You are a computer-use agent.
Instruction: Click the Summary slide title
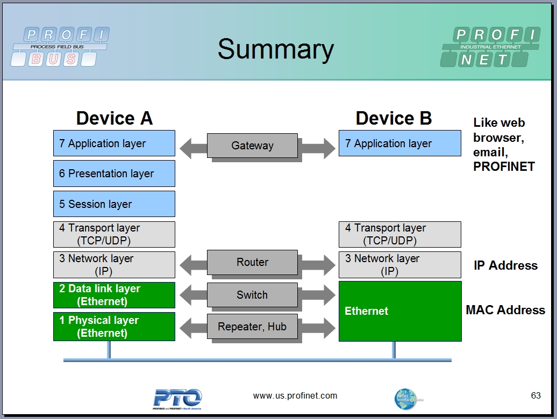pyautogui.click(x=275, y=49)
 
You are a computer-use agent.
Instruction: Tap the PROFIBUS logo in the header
pyautogui.click(x=60, y=47)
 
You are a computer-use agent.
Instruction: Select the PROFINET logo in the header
pyautogui.click(x=490, y=47)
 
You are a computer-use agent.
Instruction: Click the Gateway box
pyautogui.click(x=252, y=146)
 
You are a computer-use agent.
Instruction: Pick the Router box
pyautogui.click(x=252, y=262)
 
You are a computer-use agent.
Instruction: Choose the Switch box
pyautogui.click(x=252, y=295)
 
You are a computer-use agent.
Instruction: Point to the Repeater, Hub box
pyautogui.click(x=252, y=327)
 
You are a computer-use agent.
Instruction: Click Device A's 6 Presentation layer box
pyautogui.click(x=114, y=174)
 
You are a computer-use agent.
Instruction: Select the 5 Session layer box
pyautogui.click(x=114, y=204)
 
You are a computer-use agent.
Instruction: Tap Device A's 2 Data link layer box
pyautogui.click(x=114, y=295)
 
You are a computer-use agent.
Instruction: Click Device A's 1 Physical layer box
pyautogui.click(x=114, y=327)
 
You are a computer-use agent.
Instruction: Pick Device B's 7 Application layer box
pyautogui.click(x=399, y=143)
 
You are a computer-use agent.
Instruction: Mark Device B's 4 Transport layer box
pyautogui.click(x=399, y=234)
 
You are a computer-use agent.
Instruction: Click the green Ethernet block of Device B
pyautogui.click(x=399, y=311)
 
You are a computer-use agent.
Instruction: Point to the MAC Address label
pyautogui.click(x=505, y=310)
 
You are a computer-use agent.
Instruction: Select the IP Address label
pyautogui.click(x=505, y=265)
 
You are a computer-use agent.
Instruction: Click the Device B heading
pyautogui.click(x=394, y=118)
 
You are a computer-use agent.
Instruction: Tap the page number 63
pyautogui.click(x=535, y=395)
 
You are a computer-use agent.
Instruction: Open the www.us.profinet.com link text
pyautogui.click(x=295, y=396)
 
